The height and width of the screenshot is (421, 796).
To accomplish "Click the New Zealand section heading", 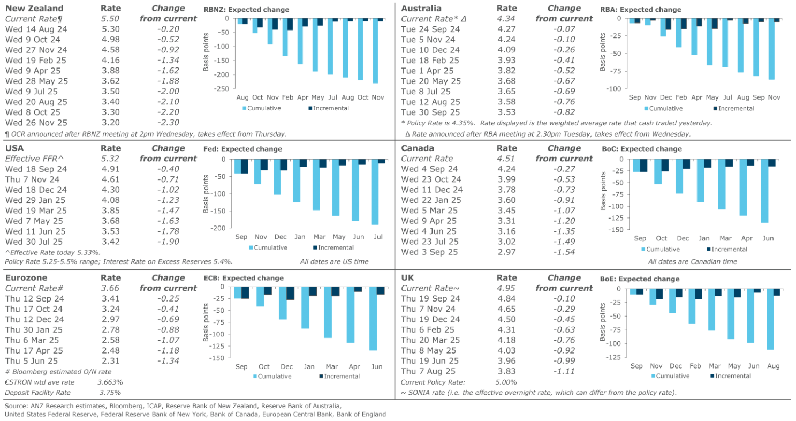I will pyautogui.click(x=34, y=9).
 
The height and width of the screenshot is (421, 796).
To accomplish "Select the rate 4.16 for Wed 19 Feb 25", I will pyautogui.click(x=111, y=59).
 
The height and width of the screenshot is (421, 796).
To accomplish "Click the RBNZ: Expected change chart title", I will pyautogui.click(x=246, y=10).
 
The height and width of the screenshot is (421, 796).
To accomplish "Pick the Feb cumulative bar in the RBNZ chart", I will pyautogui.click(x=285, y=37).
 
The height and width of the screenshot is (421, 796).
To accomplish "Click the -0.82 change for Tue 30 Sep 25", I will pyautogui.click(x=564, y=112).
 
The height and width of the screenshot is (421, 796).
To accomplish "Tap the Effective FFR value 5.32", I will pyautogui.click(x=111, y=159).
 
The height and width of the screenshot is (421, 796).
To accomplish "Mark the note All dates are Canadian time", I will pyautogui.click(x=692, y=262).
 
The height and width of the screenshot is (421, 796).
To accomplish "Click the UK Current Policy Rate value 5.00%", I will pyautogui.click(x=506, y=382).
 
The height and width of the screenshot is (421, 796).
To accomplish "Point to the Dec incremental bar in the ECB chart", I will pyautogui.click(x=290, y=293).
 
